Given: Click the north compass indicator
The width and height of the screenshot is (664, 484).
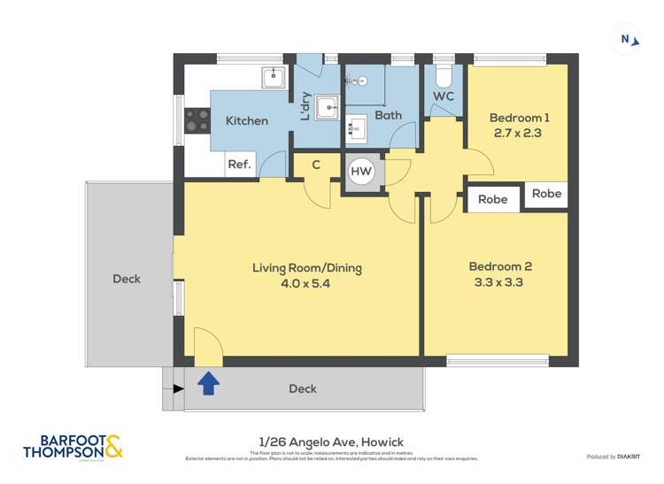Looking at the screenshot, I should click(x=628, y=39).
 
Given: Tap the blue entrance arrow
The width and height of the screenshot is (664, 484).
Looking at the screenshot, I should click(x=208, y=383).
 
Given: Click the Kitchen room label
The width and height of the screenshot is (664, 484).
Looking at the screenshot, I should click(x=247, y=120).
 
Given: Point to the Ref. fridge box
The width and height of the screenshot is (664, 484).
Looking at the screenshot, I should click(x=240, y=165).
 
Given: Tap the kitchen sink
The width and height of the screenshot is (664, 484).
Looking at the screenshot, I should click(x=273, y=78).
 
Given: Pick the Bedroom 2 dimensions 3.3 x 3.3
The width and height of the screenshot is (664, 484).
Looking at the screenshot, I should click(x=500, y=282).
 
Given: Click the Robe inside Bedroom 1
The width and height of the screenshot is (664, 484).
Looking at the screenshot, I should click(x=545, y=194).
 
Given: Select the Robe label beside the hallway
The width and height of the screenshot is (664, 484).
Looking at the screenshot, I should click(x=492, y=200).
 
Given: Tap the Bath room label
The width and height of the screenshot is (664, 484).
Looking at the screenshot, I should click(x=388, y=115).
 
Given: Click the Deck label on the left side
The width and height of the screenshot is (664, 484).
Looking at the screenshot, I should click(x=127, y=279).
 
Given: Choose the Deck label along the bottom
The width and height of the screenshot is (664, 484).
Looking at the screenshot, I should click(x=303, y=388).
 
